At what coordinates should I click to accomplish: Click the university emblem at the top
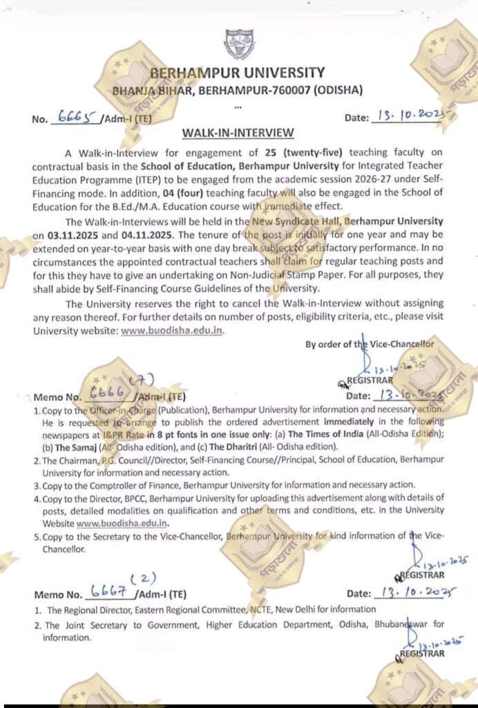pyautogui.click(x=239, y=43)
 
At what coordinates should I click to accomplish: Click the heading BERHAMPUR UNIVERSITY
pyautogui.click(x=237, y=73)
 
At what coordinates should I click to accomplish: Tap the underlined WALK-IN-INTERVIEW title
pyautogui.click(x=238, y=132)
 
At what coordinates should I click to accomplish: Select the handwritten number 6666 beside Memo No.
pyautogui.click(x=106, y=395)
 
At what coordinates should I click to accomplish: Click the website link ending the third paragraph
pyautogui.click(x=172, y=330)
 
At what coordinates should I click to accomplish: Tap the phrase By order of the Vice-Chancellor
pyautogui.click(x=370, y=344)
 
